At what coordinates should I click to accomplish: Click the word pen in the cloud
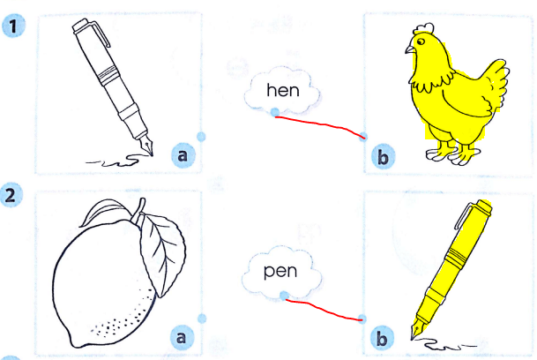(x=281, y=270)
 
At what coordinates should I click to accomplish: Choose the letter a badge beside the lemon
(x=181, y=335)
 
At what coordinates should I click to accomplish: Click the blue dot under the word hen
(x=275, y=113)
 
